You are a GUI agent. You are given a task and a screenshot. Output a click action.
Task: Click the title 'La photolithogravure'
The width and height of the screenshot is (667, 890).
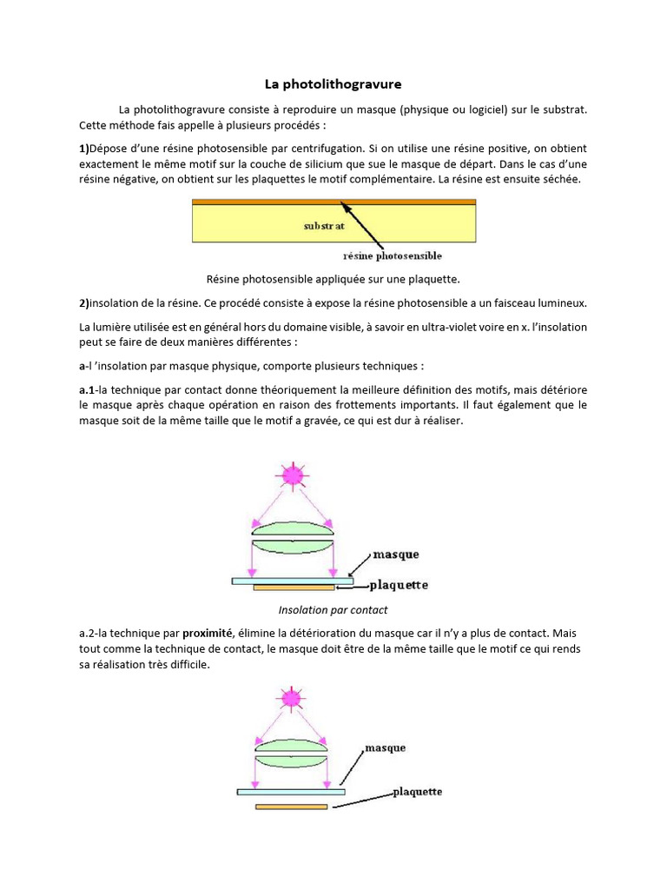333,85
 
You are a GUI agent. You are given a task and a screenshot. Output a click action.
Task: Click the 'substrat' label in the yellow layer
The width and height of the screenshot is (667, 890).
325,225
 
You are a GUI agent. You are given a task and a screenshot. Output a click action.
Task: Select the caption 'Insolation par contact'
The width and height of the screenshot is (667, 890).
333,610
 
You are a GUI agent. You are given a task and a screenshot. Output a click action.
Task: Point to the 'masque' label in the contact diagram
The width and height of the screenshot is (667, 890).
395,554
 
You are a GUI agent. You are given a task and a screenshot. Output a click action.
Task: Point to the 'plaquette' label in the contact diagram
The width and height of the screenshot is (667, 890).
399,585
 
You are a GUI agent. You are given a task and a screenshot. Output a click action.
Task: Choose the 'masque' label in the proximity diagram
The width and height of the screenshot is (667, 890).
385,747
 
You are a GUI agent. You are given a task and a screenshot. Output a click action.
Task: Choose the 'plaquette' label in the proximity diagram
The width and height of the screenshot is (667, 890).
417,792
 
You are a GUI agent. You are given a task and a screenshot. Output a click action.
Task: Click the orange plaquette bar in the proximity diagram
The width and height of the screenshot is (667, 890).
291,807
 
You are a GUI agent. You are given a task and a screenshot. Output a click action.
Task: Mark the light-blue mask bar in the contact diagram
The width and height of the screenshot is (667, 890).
292,580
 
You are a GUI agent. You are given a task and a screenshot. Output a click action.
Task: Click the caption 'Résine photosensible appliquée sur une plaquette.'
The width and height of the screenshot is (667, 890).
333,279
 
